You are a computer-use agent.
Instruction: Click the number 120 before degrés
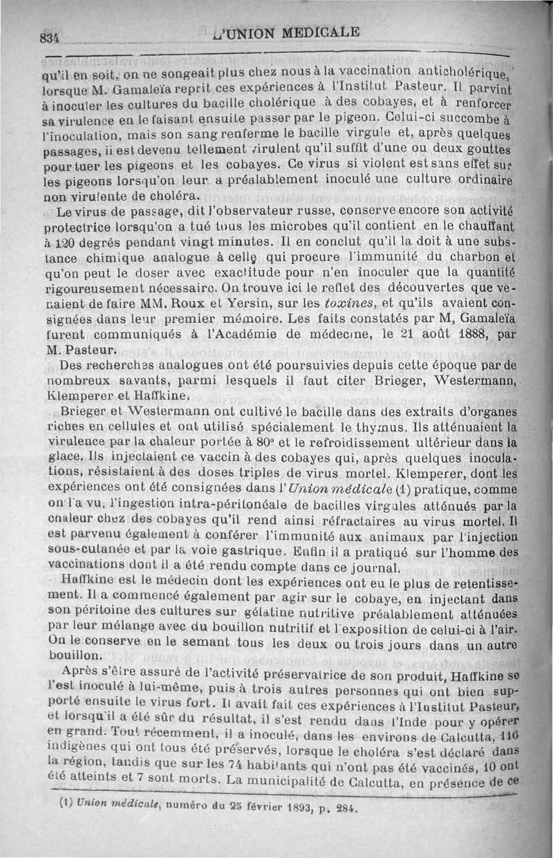pyautogui.click(x=64, y=243)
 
